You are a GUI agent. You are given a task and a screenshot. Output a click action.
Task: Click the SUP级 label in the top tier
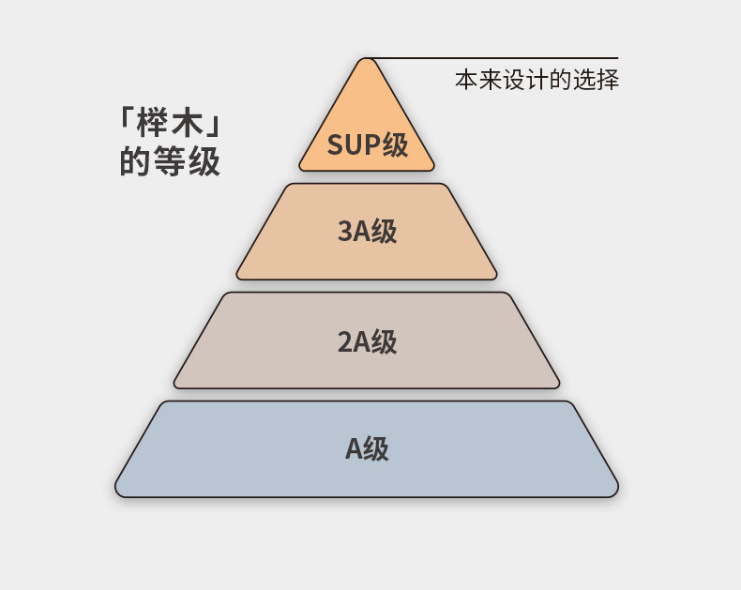[368, 145]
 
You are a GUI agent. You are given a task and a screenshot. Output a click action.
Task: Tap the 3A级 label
[367, 231]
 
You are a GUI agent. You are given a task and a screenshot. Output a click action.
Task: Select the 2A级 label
[367, 341]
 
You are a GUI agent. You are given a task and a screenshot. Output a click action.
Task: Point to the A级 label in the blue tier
[367, 449]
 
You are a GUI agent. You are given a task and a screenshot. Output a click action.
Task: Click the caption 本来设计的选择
[537, 80]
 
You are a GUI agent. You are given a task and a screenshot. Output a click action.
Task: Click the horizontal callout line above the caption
[497, 58]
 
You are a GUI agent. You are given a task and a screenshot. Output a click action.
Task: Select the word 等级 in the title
[187, 162]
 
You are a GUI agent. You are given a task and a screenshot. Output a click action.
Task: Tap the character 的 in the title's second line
[135, 162]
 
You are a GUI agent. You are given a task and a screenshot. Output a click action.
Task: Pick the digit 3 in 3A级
[344, 232]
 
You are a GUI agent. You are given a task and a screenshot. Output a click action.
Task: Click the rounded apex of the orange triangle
[367, 62]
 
